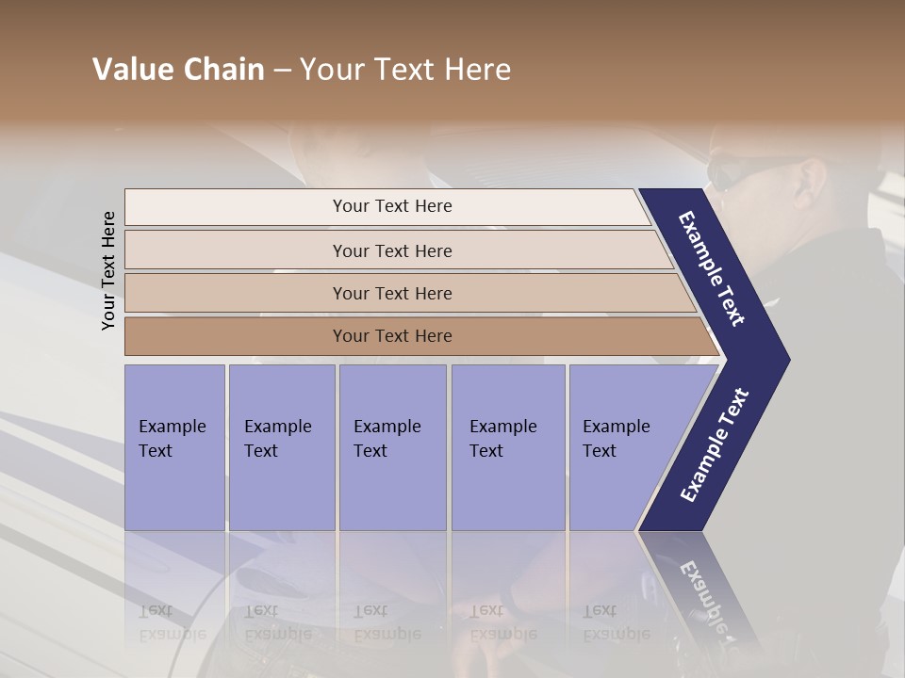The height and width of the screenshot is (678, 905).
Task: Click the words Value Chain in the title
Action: (x=178, y=70)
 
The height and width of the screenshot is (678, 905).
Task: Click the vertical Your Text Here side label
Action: (x=108, y=270)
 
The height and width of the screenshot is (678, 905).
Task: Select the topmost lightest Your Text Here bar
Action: (x=391, y=206)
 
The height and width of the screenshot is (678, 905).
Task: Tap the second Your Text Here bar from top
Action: (x=391, y=250)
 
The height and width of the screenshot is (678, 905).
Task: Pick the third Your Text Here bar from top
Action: (x=391, y=293)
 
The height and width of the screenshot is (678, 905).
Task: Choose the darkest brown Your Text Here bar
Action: (x=391, y=335)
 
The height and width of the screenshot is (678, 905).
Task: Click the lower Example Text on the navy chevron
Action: (x=715, y=444)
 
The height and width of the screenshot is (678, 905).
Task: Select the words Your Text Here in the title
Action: (x=405, y=70)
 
